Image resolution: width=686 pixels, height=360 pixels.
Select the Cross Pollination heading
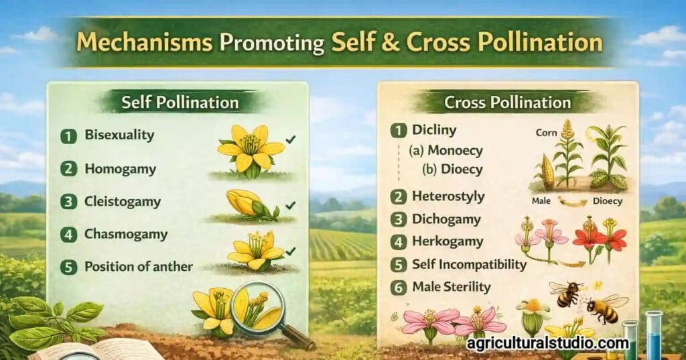[x=508, y=103]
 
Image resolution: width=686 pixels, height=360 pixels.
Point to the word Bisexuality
[x=119, y=135]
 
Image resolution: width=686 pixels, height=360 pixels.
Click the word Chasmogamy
[x=126, y=234]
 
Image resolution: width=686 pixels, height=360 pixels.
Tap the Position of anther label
[x=139, y=266]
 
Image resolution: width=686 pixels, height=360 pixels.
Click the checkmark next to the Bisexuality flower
[x=290, y=139]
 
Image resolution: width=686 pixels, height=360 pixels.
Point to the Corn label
[x=546, y=133]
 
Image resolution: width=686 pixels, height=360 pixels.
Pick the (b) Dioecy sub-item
[x=452, y=169]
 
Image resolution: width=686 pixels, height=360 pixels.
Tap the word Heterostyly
[x=449, y=197]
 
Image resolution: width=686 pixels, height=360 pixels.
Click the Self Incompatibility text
[x=470, y=264]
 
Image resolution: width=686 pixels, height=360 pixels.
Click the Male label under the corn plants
[x=541, y=200]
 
